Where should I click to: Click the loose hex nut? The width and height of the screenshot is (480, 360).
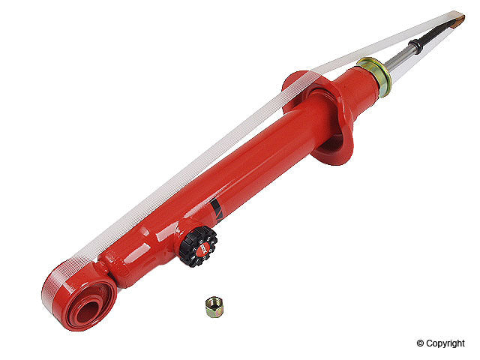click(213, 306)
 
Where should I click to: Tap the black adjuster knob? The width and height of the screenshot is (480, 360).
click(198, 246)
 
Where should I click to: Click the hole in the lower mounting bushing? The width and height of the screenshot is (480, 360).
click(85, 304)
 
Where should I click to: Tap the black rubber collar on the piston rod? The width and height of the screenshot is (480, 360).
click(417, 44)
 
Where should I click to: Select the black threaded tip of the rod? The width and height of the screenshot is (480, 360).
click(439, 30)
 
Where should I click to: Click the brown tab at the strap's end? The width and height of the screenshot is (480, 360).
click(457, 18)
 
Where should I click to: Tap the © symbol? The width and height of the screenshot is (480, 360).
click(421, 343)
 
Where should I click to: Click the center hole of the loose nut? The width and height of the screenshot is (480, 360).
click(213, 305)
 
